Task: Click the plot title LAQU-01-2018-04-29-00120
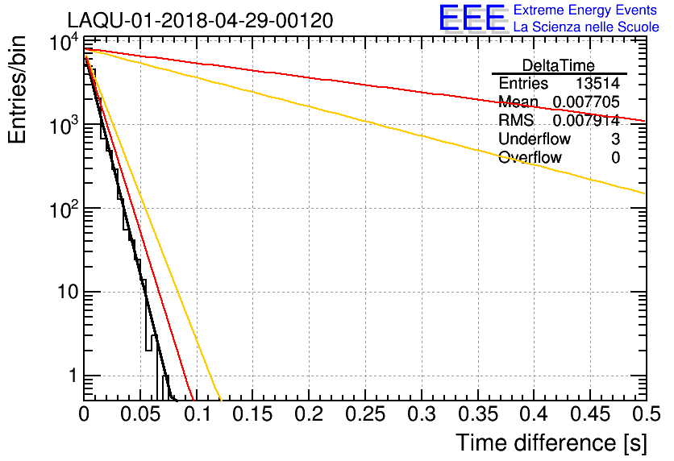pyautogui.click(x=200, y=20)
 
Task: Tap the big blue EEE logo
pyautogui.click(x=472, y=18)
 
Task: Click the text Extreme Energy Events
pyautogui.click(x=586, y=10)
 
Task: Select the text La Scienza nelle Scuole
pyautogui.click(x=586, y=27)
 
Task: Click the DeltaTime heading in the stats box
pyautogui.click(x=559, y=64)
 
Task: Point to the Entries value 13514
pyautogui.click(x=597, y=84)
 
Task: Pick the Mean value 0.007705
pyautogui.click(x=585, y=102)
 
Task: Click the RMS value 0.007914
pyautogui.click(x=585, y=121)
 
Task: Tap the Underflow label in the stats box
pyautogui.click(x=535, y=139)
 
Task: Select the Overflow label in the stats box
pyautogui.click(x=530, y=158)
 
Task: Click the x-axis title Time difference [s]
pyautogui.click(x=551, y=442)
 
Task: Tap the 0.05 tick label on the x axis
pyautogui.click(x=140, y=414)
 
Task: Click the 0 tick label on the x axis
pyautogui.click(x=85, y=414)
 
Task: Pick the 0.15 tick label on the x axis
pyautogui.click(x=252, y=414)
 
